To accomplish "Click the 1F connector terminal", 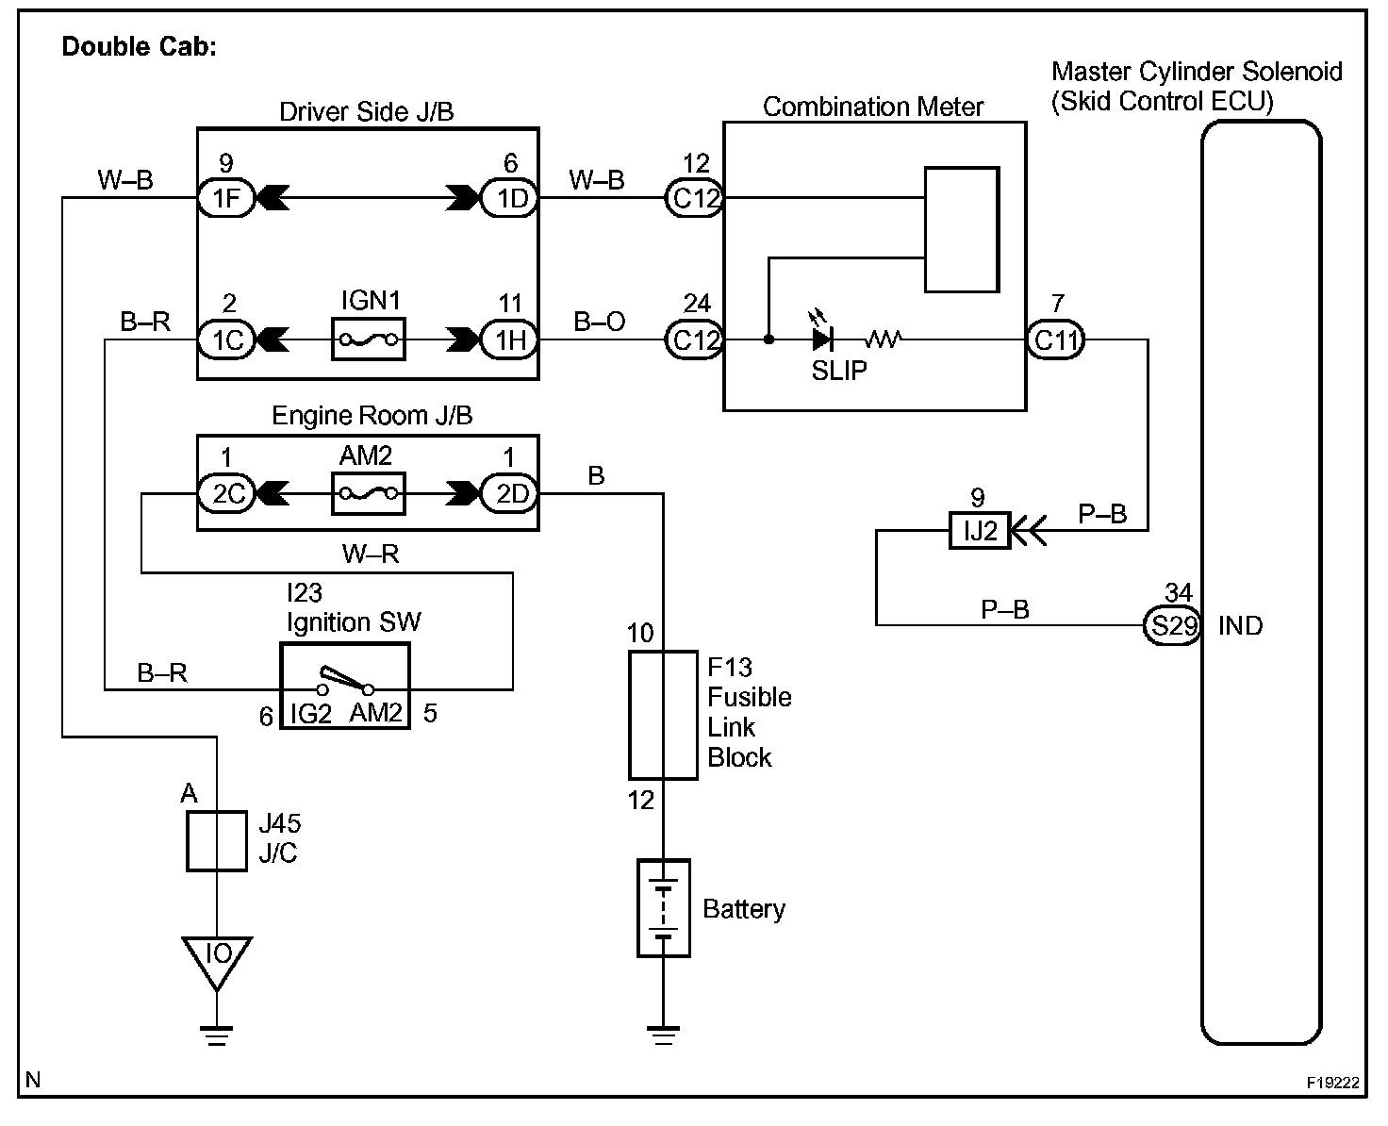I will (226, 198).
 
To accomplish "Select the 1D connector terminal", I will (509, 198).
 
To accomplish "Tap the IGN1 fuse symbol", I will (369, 339).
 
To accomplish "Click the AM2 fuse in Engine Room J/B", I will (369, 493).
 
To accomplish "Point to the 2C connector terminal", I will (226, 493).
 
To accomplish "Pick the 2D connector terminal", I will (509, 493).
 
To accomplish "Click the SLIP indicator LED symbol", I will (822, 338).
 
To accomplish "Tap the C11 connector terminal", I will (1055, 339).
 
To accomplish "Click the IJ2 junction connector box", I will (979, 531).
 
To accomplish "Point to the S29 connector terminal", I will (1172, 625).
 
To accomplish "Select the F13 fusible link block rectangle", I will (663, 715).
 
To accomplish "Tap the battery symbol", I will (663, 907).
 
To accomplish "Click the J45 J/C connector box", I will (217, 840).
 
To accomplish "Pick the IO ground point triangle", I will (217, 959).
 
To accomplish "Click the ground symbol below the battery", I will (663, 1035).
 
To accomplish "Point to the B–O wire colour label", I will (600, 322).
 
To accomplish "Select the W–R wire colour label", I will (370, 554).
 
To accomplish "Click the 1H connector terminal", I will (509, 339).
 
